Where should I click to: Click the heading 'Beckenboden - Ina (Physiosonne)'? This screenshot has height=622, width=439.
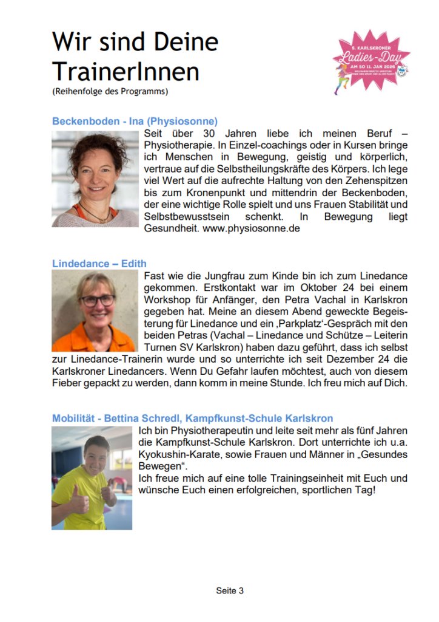[x=135, y=121]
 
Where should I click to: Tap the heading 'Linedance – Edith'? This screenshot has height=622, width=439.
[x=99, y=264]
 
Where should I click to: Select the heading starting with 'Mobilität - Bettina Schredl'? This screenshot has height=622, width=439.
[x=192, y=419]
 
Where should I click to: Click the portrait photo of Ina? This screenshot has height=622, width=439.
[x=95, y=179]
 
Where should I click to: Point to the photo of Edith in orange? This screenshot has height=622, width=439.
[x=95, y=311]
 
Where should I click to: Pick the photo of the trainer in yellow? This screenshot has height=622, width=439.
[x=92, y=477]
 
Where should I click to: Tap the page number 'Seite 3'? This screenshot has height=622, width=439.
[x=230, y=590]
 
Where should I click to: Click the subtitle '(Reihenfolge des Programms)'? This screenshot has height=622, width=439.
[x=110, y=92]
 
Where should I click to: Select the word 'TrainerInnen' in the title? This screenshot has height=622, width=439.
[x=126, y=72]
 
